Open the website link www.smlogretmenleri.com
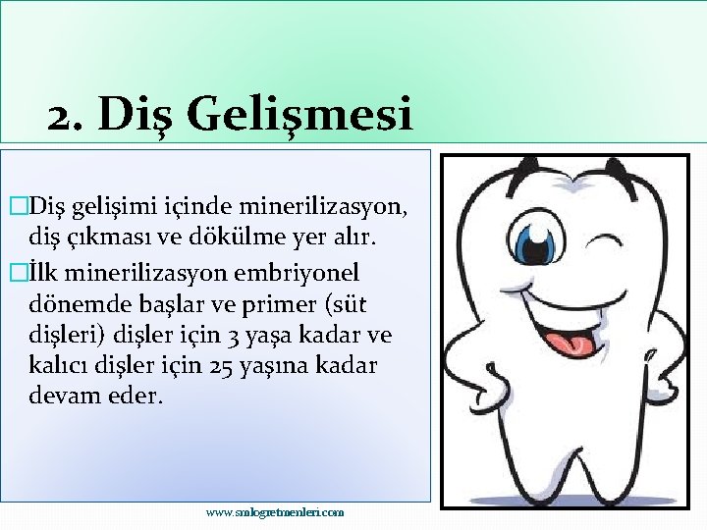[x=275, y=512]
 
